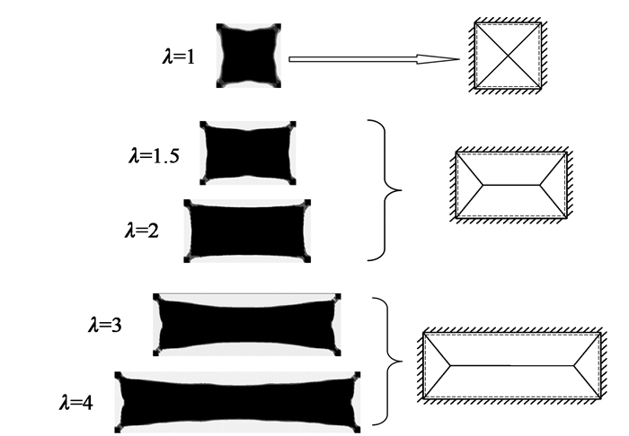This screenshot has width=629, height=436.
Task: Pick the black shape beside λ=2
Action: [x=246, y=231]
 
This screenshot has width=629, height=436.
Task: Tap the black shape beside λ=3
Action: [x=247, y=324]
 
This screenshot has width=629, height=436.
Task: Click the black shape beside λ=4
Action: [x=238, y=402]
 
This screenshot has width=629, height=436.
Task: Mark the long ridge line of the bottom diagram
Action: [x=511, y=366]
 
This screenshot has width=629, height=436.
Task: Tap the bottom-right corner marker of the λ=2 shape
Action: [x=307, y=259]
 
